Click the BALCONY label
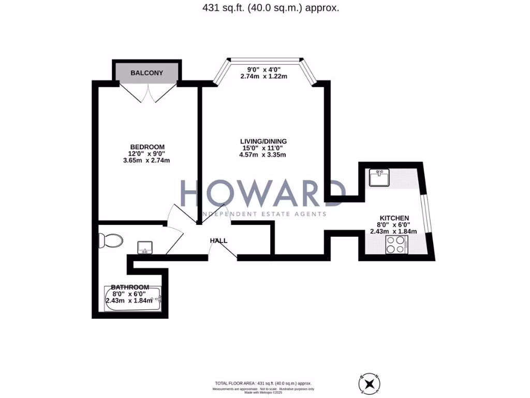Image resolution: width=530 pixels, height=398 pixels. (x=146, y=73)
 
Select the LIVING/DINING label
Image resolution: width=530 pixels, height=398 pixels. (x=263, y=141)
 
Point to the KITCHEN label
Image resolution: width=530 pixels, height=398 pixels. (x=394, y=218)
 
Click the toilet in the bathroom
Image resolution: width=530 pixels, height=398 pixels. (x=112, y=240)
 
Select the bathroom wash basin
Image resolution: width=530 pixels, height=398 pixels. (x=145, y=248)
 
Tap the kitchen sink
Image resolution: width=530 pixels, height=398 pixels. (x=379, y=178)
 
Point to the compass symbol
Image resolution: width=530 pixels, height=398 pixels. (x=369, y=384)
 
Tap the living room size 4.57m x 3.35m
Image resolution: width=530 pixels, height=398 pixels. (x=263, y=154)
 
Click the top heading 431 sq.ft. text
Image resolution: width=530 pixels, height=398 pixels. (x=265, y=8)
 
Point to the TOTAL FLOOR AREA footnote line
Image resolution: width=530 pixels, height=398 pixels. (x=265, y=383)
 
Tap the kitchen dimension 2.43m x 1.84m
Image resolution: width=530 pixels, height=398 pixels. (x=393, y=231)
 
